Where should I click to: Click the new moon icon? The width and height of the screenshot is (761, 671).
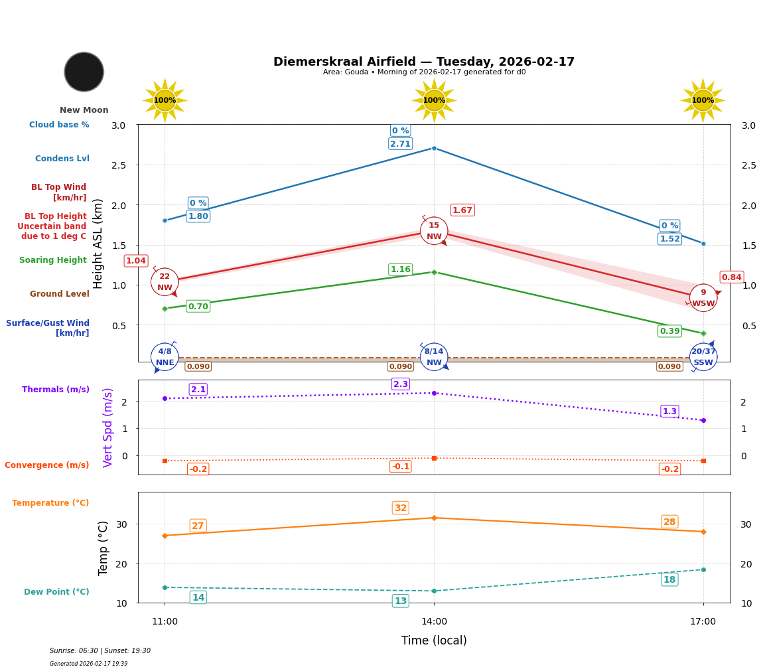click(84, 72)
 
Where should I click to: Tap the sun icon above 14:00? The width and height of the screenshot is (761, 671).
click(434, 100)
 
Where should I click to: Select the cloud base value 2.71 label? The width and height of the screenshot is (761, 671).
click(400, 144)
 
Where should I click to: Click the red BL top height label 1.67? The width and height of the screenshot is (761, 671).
click(462, 210)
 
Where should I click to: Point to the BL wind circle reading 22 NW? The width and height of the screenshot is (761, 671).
click(165, 282)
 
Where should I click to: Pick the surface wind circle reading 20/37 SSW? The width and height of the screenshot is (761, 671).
click(703, 357)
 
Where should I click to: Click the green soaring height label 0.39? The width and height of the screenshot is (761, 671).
click(669, 331)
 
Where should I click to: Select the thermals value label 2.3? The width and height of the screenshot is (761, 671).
click(401, 384)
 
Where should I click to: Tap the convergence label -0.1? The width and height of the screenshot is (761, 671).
click(401, 467)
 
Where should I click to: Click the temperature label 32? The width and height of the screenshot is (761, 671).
click(401, 508)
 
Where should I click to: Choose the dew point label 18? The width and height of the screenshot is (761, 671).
click(669, 580)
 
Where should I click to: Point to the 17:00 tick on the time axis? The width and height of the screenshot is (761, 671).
click(703, 622)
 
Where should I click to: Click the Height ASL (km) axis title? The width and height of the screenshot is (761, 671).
click(98, 243)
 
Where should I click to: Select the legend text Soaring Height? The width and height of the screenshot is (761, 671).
click(53, 261)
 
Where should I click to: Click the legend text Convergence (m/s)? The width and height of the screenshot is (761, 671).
click(47, 465)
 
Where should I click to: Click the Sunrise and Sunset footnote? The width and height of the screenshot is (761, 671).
click(100, 651)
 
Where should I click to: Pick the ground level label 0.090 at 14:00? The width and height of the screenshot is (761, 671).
click(401, 366)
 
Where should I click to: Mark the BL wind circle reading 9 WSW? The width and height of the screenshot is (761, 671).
click(703, 298)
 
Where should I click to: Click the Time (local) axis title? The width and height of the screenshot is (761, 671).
click(434, 640)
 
